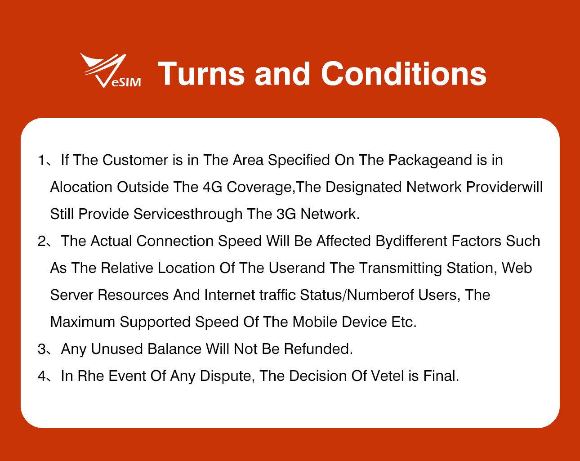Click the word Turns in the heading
[x=201, y=74]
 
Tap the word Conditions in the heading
[x=403, y=74]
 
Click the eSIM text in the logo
[x=126, y=82]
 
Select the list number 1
[x=42, y=160]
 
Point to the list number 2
[x=42, y=241]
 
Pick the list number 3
[x=42, y=349]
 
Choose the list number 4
[x=42, y=376]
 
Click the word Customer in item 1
[x=135, y=160]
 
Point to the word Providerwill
[x=504, y=187]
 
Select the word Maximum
[x=83, y=322]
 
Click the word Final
[x=441, y=376]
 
